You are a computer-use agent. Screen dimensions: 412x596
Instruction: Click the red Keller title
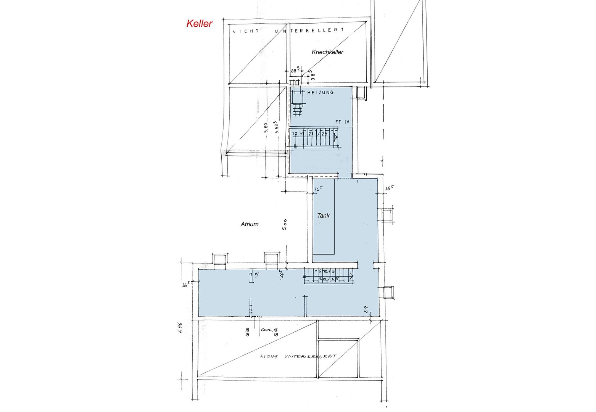click(x=199, y=24)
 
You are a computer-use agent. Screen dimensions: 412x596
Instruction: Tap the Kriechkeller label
click(x=327, y=52)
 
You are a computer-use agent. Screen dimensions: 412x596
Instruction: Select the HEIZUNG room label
click(x=321, y=92)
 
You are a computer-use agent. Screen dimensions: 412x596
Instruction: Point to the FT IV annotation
click(x=342, y=122)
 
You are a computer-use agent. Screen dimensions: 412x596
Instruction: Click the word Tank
click(x=323, y=216)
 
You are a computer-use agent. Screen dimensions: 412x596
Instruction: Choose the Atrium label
click(x=250, y=224)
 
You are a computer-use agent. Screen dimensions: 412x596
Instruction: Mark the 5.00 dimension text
click(x=284, y=224)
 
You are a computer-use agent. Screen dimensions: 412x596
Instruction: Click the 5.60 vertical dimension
click(x=266, y=128)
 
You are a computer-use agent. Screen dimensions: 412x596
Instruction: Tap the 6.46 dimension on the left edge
click(x=180, y=327)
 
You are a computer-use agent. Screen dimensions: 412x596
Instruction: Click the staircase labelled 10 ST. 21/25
click(x=314, y=140)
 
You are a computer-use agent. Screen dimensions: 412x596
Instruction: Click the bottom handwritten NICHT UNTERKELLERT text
click(x=298, y=356)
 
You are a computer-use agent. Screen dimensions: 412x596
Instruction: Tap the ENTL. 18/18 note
click(x=269, y=332)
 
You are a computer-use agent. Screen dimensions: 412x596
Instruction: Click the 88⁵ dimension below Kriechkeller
click(x=294, y=70)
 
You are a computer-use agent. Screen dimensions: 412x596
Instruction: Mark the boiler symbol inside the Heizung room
click(x=297, y=110)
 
